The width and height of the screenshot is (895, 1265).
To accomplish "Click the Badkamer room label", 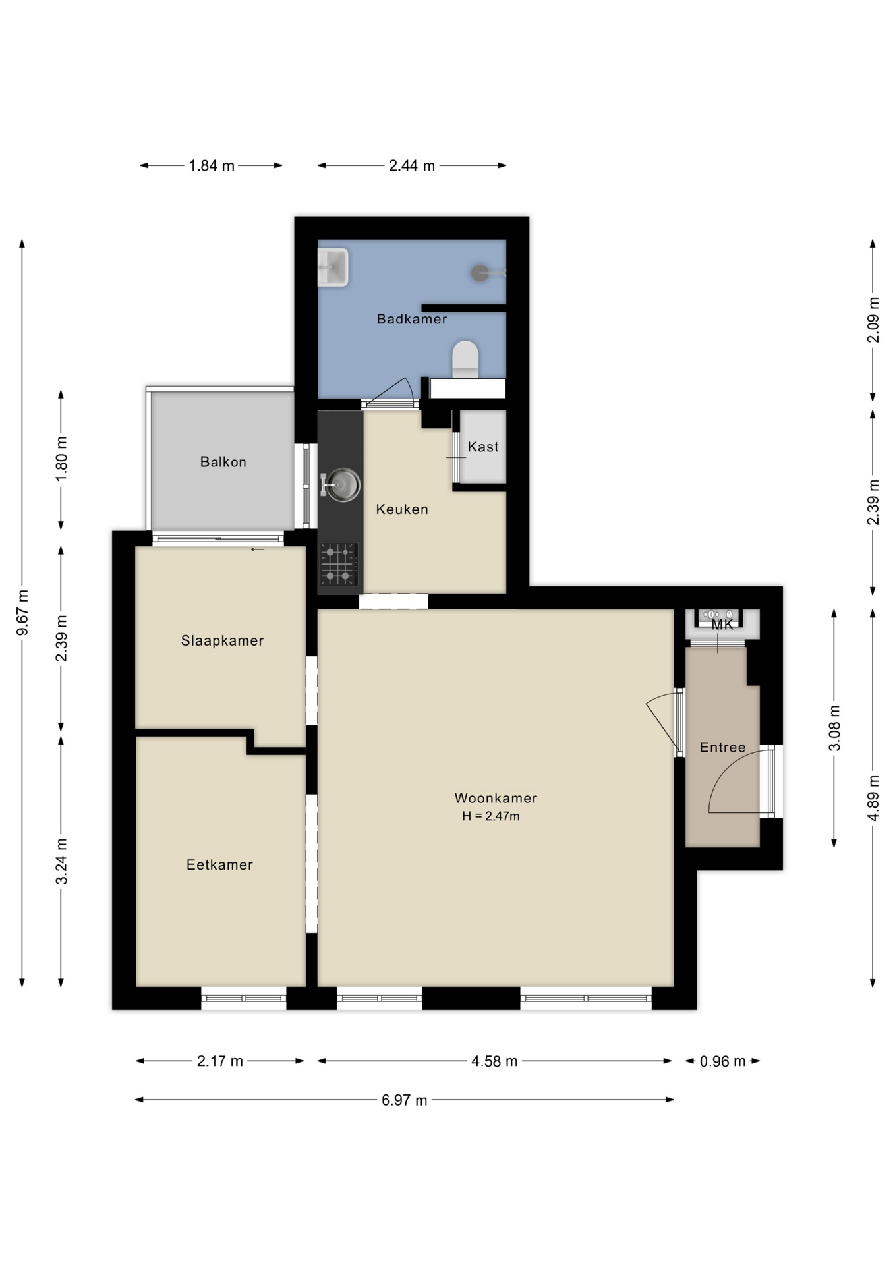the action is pyautogui.click(x=412, y=319).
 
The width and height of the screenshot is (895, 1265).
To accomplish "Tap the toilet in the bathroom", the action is pyautogui.click(x=465, y=359).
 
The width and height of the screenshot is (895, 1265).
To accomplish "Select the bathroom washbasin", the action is pyautogui.click(x=333, y=267).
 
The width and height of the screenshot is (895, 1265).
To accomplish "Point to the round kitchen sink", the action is pyautogui.click(x=342, y=484).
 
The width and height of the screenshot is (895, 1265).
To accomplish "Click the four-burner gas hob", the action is pyautogui.click(x=339, y=564).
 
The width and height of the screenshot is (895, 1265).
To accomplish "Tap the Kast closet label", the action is pyautogui.click(x=483, y=447).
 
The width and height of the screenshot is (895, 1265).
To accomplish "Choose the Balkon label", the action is pyautogui.click(x=223, y=462).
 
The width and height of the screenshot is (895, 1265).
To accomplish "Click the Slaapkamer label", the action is pyautogui.click(x=222, y=640).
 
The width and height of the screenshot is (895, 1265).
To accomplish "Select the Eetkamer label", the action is pyautogui.click(x=219, y=865).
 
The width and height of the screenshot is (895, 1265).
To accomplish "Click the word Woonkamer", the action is pyautogui.click(x=496, y=798).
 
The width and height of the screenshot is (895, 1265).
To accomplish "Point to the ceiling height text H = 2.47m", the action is pyautogui.click(x=491, y=816).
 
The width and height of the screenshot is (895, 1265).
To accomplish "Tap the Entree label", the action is pyautogui.click(x=722, y=747).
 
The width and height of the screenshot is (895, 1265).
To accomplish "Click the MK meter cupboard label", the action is pyautogui.click(x=722, y=625).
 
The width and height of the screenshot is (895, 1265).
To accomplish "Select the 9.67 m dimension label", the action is pyautogui.click(x=22, y=613).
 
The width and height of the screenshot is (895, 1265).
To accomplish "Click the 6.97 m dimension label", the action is pyautogui.click(x=405, y=1100).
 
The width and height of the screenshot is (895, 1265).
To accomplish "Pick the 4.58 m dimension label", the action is pyautogui.click(x=494, y=1061).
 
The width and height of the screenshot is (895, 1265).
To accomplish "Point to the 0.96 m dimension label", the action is pyautogui.click(x=722, y=1061).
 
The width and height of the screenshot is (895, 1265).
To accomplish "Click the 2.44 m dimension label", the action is pyautogui.click(x=412, y=165).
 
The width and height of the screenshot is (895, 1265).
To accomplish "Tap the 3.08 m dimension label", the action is pyautogui.click(x=834, y=728).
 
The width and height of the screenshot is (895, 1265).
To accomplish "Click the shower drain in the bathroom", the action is pyautogui.click(x=480, y=273).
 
